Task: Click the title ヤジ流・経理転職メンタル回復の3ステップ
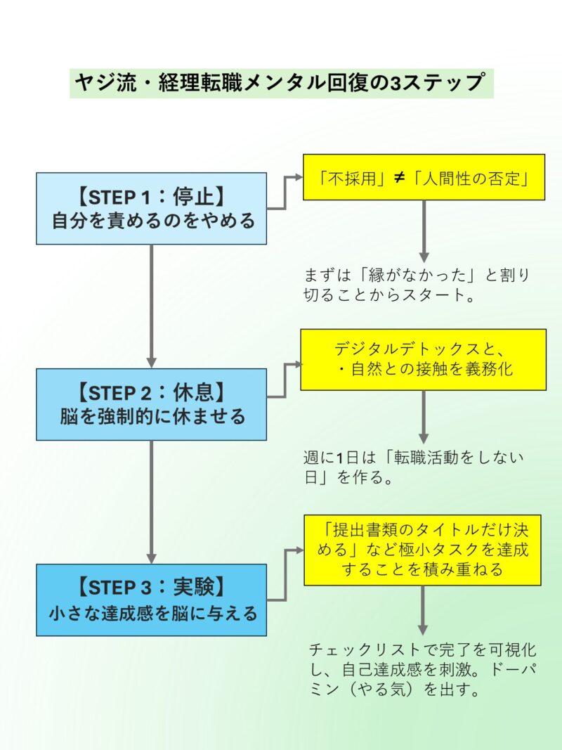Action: coord(281,84)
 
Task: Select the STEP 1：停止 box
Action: coord(151,208)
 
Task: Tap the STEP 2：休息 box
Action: coord(151,404)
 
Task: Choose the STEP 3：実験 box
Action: coord(151,600)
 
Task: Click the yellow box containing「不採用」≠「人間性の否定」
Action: coord(424,177)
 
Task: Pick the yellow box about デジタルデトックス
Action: coord(424,359)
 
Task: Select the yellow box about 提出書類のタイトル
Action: coord(422,550)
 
